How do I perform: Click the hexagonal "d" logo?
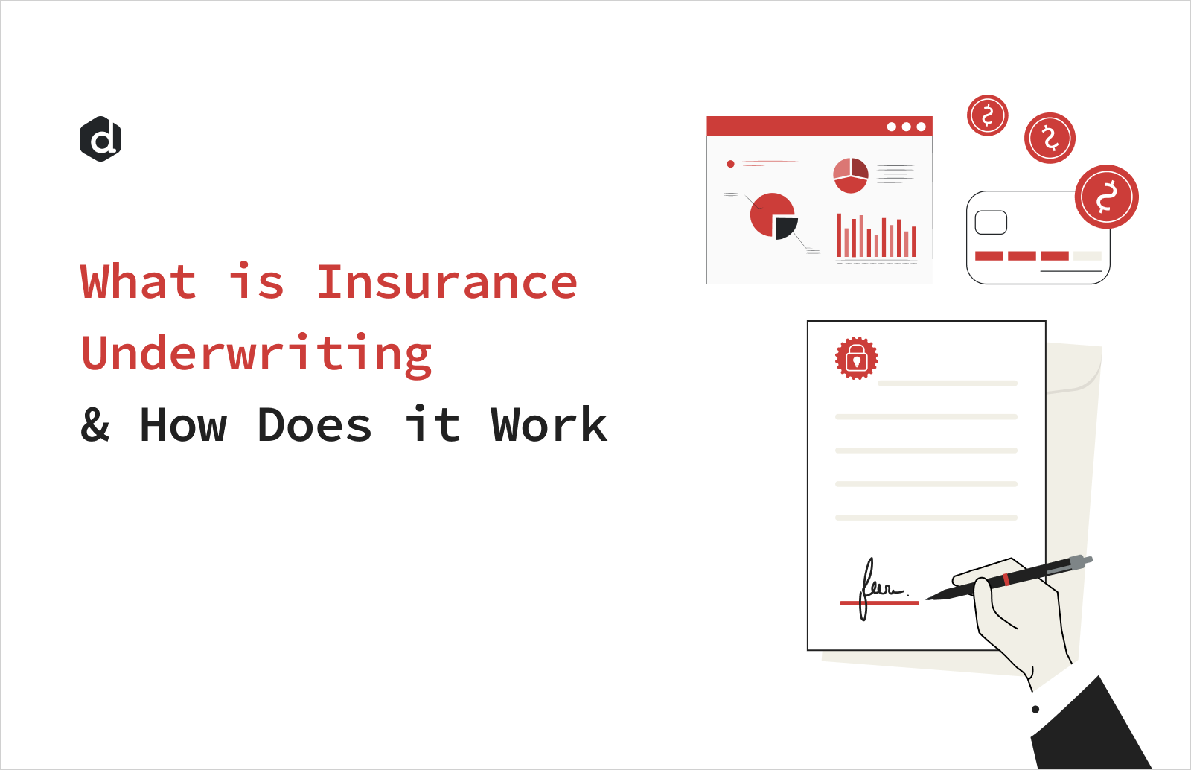click(x=100, y=139)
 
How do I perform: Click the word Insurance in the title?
click(x=447, y=282)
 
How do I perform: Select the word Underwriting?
click(x=256, y=354)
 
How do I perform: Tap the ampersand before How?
click(x=95, y=425)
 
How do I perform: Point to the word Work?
click(x=549, y=425)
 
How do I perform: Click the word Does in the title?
click(x=314, y=425)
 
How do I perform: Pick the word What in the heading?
click(x=138, y=282)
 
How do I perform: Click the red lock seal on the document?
click(x=856, y=358)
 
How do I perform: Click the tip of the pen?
click(x=928, y=598)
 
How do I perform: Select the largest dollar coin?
click(x=1106, y=197)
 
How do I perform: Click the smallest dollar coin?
click(x=987, y=115)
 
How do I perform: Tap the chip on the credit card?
click(x=991, y=223)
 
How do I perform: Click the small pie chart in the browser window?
click(x=850, y=175)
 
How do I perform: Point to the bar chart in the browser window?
click(x=876, y=237)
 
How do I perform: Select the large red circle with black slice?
click(x=773, y=215)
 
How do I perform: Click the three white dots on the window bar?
click(x=906, y=127)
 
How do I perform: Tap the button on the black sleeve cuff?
click(x=1035, y=709)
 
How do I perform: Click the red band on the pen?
click(x=1006, y=579)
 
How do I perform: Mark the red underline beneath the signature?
click(x=879, y=602)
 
